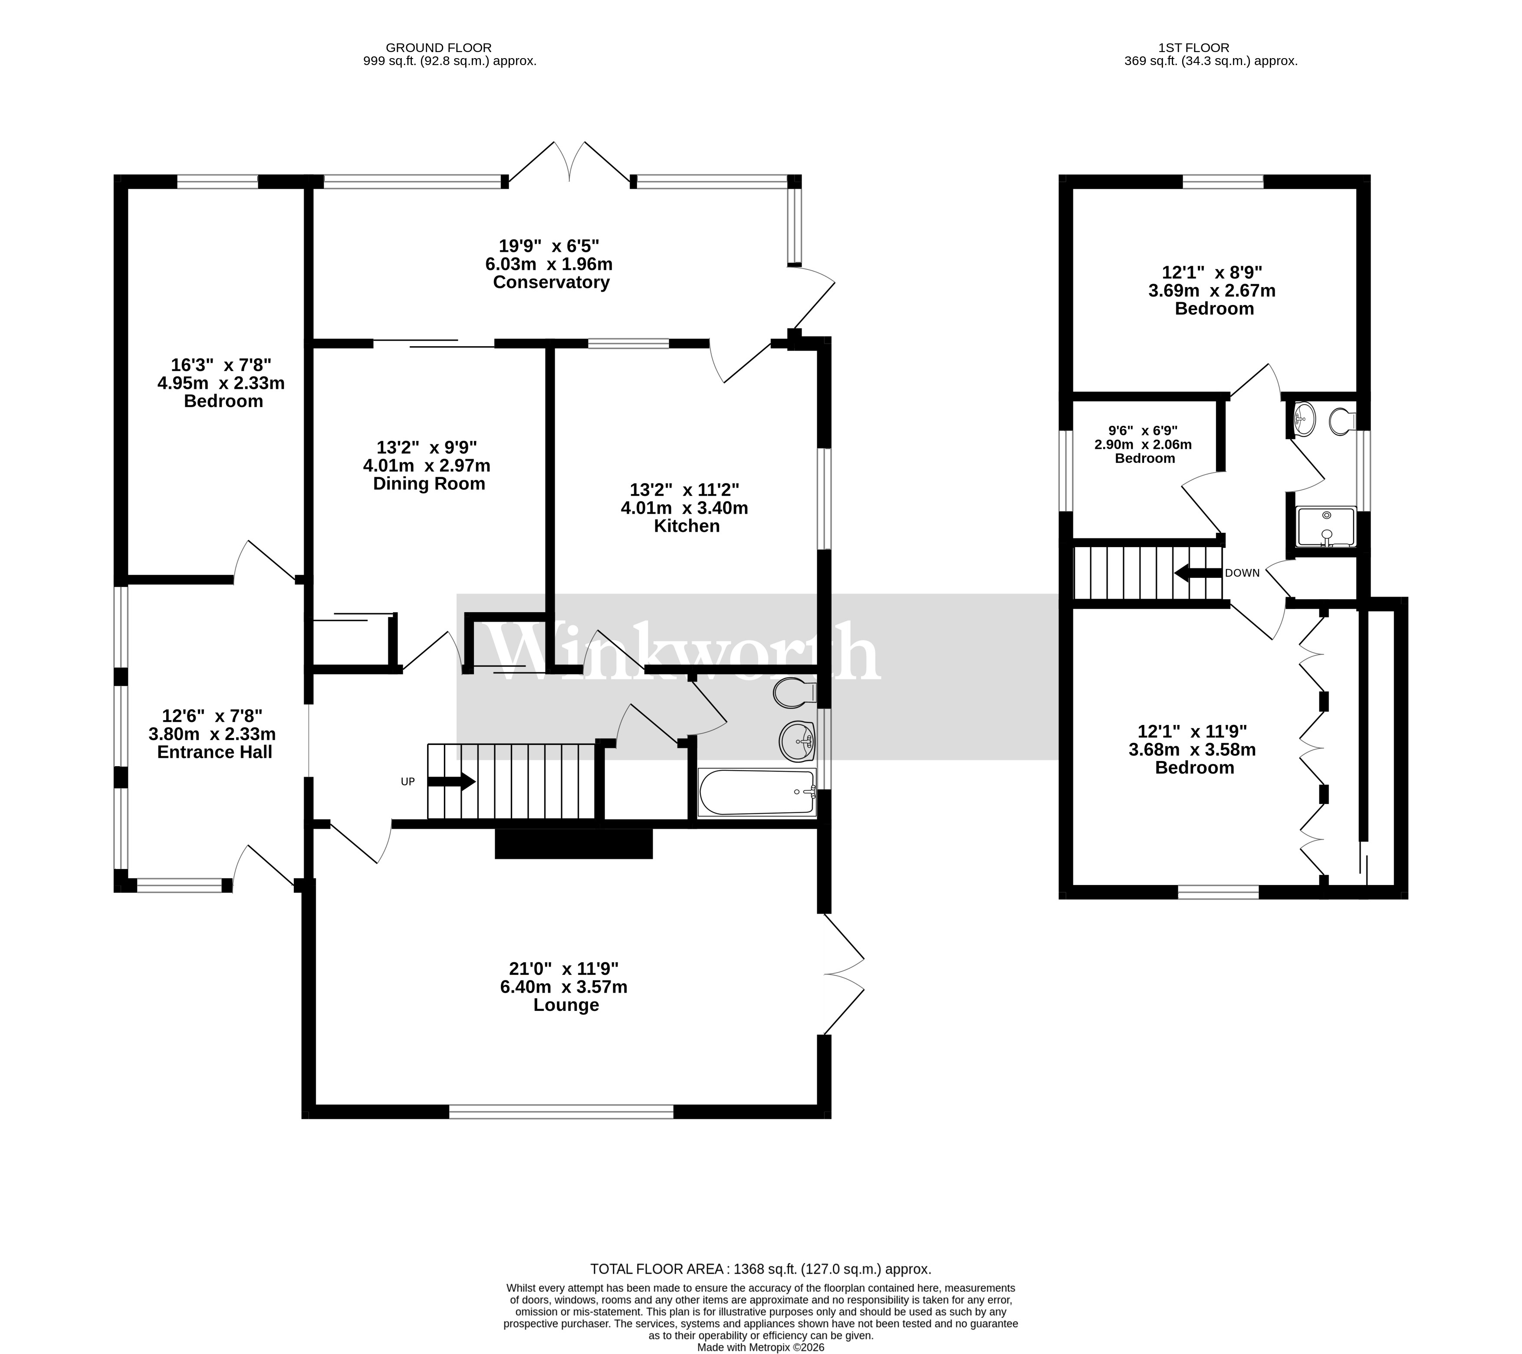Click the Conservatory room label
[551, 283]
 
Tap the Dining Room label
[429, 484]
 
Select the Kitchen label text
[687, 526]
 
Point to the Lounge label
[566, 1006]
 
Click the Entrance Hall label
[214, 753]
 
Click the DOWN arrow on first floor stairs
[1198, 573]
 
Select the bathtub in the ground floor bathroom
[756, 793]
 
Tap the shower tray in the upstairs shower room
[1326, 527]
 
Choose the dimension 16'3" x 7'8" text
[221, 365]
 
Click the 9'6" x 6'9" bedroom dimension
[1143, 431]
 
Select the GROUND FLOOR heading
[439, 48]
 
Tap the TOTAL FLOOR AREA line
[760, 1269]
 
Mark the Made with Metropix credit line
[760, 1347]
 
